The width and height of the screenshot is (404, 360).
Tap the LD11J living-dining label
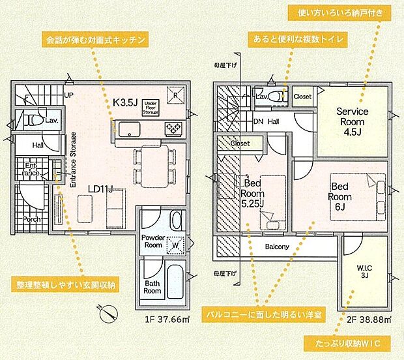101,189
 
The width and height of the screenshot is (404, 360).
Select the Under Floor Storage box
149,107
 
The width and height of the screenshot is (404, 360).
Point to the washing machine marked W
175,245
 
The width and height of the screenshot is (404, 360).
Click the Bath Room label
152,288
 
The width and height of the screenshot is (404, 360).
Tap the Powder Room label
152,241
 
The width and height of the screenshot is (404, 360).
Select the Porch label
31,219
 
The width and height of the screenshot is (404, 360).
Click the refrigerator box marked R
175,93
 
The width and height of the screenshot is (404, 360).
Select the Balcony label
278,247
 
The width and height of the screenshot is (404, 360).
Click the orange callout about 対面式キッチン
94,40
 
